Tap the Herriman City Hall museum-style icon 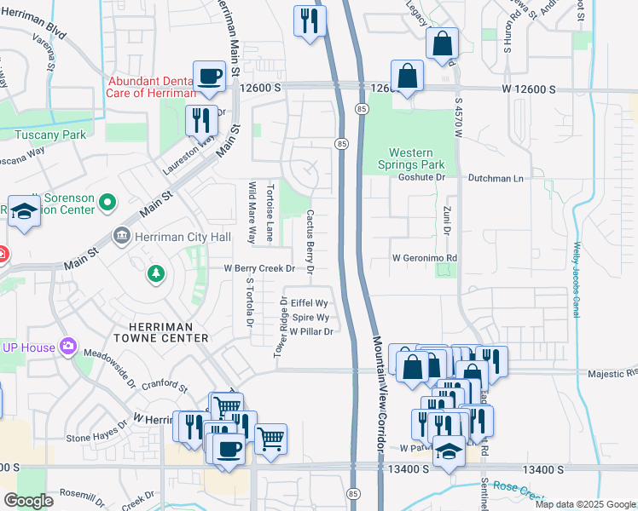point(122,235)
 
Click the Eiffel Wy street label point(309,302)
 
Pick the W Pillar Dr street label point(310,331)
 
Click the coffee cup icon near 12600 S point(209,78)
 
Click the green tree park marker point(155,273)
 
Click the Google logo point(28,501)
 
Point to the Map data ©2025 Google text point(585,504)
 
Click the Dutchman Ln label point(496,178)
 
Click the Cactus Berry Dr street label point(310,242)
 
